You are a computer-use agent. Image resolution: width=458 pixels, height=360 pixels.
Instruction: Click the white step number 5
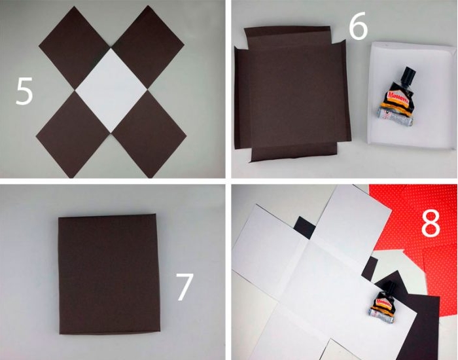[24, 91]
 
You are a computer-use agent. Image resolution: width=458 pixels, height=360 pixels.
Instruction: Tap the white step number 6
[358, 26]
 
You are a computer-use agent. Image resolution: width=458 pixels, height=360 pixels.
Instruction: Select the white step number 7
[185, 287]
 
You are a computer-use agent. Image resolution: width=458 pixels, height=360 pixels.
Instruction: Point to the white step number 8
[431, 223]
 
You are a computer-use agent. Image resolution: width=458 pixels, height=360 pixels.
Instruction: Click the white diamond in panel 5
[111, 90]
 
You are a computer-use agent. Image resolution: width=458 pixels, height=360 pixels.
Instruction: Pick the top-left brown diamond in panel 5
[75, 48]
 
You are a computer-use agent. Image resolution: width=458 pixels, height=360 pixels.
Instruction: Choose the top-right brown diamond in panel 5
[148, 46]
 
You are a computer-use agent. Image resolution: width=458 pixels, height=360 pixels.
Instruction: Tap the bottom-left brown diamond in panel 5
[73, 134]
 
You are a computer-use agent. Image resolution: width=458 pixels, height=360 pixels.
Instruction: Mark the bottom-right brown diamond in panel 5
[149, 134]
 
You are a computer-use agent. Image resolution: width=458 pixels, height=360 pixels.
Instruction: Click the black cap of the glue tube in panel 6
[408, 75]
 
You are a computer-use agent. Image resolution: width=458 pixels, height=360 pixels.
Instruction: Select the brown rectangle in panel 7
[109, 274]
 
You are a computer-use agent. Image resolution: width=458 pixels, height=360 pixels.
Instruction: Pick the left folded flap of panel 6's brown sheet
[243, 98]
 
